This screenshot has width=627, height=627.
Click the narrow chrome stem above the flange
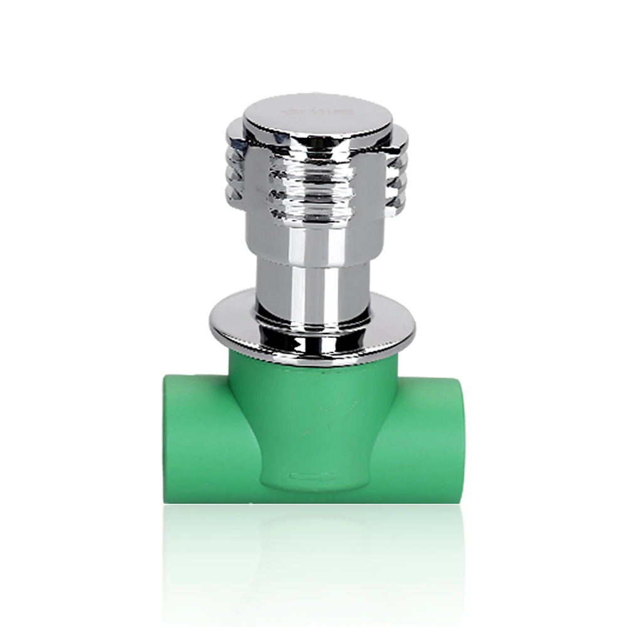pos(313,282)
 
